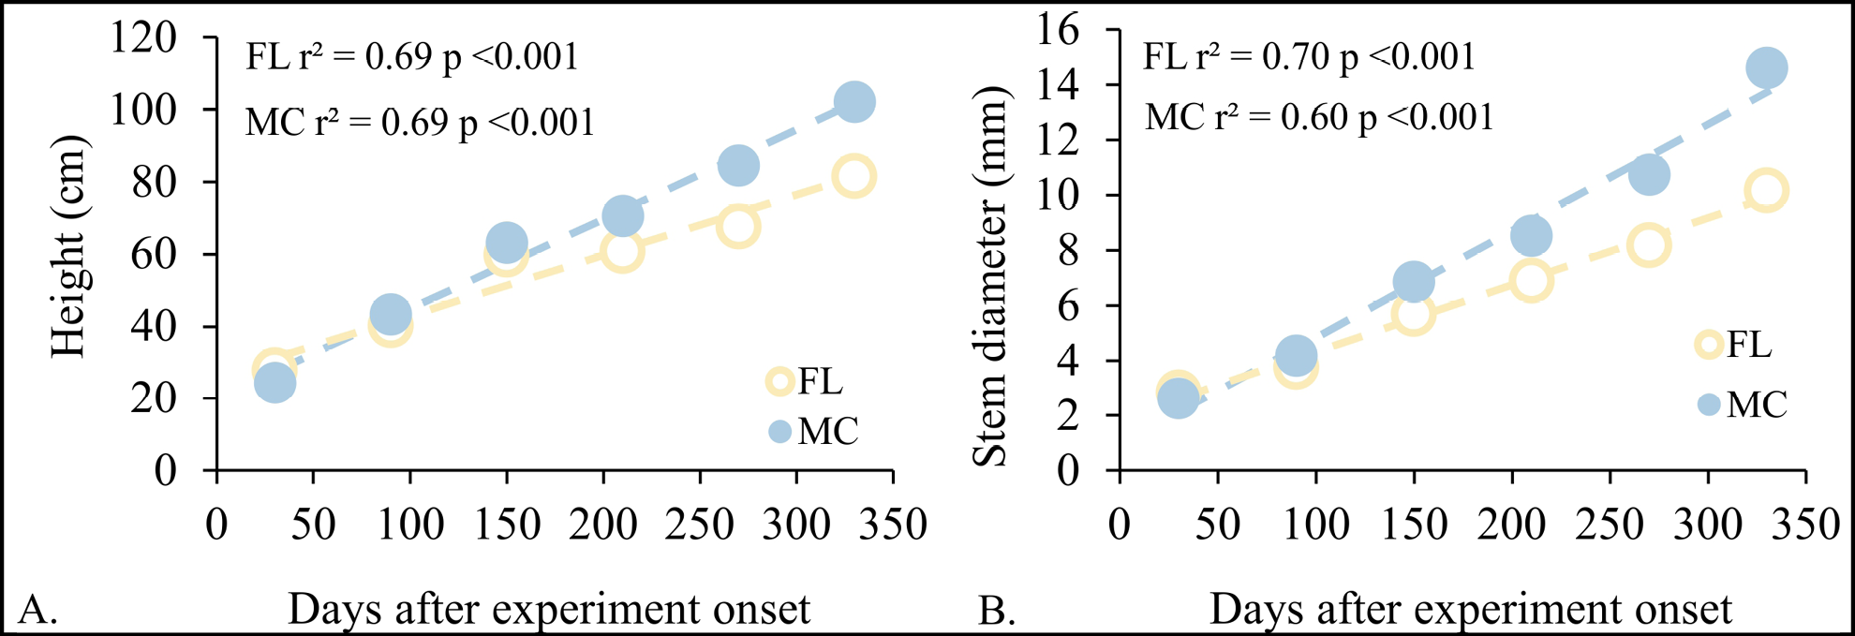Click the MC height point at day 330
(x=853, y=101)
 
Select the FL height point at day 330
(x=853, y=176)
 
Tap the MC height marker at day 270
(x=738, y=166)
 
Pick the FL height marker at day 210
(x=622, y=250)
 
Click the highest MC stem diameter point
(x=1766, y=67)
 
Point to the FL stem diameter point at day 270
(x=1649, y=245)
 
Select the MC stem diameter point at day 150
(x=1414, y=282)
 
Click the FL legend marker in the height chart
(x=779, y=381)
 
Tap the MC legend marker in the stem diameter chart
(x=1709, y=405)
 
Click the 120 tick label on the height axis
(x=143, y=37)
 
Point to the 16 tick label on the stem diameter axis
(x=1058, y=30)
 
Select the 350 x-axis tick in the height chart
(x=893, y=525)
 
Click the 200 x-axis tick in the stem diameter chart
(x=1511, y=525)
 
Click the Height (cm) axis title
(x=68, y=246)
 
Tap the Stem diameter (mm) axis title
(x=989, y=276)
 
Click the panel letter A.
(x=37, y=611)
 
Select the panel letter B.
(x=997, y=611)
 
